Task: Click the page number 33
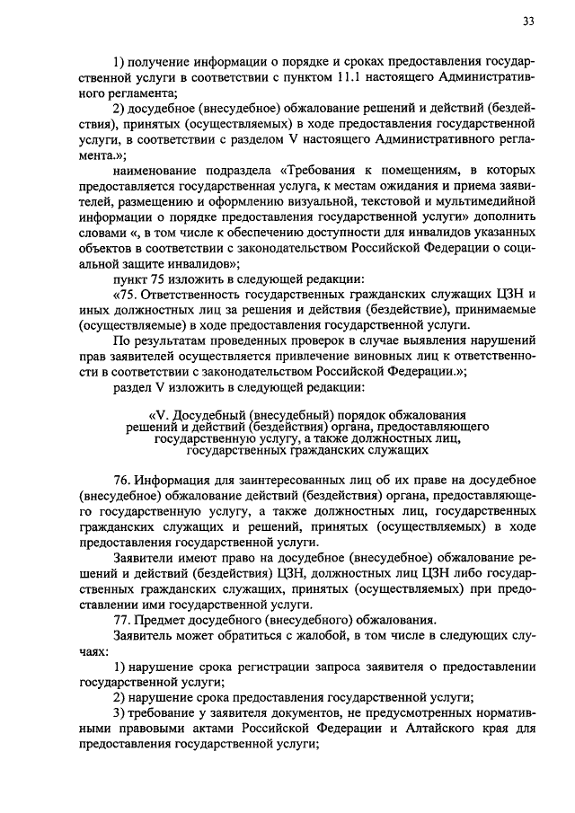click(526, 22)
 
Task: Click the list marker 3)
click(120, 712)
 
